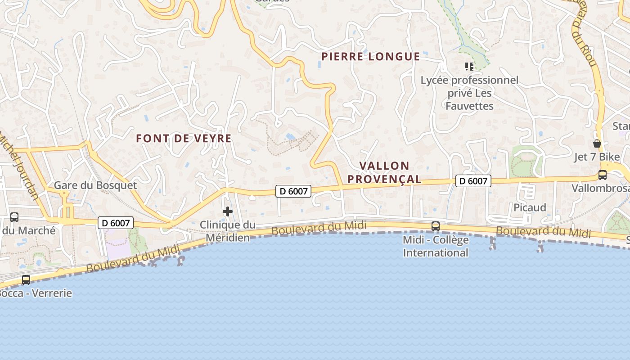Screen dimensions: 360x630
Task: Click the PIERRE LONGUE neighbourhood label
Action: [370, 57]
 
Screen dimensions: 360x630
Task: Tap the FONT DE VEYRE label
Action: [184, 139]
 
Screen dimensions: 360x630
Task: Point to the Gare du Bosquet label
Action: [95, 185]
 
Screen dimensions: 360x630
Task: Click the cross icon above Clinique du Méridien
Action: [228, 211]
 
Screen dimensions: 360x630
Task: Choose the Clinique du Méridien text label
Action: [227, 231]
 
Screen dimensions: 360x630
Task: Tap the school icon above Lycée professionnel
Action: [469, 67]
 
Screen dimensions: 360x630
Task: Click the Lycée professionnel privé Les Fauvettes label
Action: [469, 93]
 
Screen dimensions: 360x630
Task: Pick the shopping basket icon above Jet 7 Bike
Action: [597, 144]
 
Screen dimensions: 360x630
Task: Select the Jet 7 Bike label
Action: [597, 157]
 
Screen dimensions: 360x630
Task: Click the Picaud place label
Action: [530, 207]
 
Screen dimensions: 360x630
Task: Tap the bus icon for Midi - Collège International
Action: [435, 226]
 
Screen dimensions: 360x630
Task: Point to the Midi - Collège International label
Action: [435, 246]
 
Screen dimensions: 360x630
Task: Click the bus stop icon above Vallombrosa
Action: [602, 175]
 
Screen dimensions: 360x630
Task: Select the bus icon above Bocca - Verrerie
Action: [26, 279]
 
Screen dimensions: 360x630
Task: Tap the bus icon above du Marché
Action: [14, 217]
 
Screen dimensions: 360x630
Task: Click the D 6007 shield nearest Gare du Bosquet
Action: [116, 223]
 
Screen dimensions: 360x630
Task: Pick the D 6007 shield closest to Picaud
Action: [473, 181]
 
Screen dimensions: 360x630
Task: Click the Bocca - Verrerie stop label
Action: [35, 293]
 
